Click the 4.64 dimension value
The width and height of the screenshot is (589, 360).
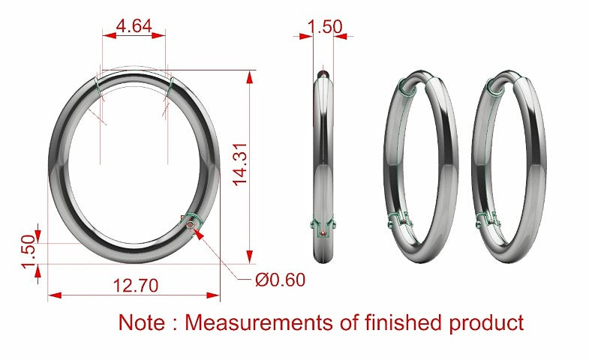[134, 26]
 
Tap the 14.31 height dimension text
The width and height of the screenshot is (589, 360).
[240, 164]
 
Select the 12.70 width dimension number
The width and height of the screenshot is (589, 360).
[136, 286]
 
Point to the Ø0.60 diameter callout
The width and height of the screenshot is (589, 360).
[280, 280]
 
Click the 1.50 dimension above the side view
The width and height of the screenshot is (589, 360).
[325, 27]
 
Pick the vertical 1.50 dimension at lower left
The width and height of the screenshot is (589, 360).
[29, 252]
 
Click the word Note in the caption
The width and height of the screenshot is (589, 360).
[142, 322]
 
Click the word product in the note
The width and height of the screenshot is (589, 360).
[487, 322]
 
